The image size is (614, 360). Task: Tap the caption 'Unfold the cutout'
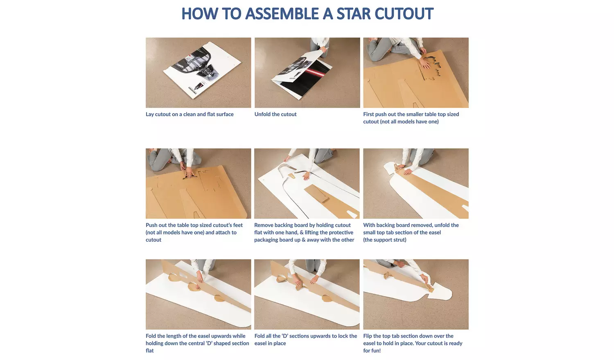[x=275, y=114]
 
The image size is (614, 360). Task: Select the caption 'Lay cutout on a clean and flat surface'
[x=190, y=114]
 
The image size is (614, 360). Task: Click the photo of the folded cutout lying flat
[x=198, y=73]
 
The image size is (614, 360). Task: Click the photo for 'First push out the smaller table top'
[x=415, y=73]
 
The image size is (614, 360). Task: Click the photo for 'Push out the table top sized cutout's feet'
[x=198, y=183]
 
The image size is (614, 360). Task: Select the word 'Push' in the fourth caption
[x=151, y=225]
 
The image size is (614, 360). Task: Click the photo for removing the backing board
[x=307, y=183]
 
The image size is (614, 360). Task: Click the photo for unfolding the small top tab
[x=415, y=183]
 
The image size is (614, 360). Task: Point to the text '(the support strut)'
[x=384, y=240]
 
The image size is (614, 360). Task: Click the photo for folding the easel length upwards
[x=198, y=294]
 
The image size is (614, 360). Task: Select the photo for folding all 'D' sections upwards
[x=307, y=294]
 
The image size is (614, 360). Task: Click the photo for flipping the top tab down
[x=415, y=294]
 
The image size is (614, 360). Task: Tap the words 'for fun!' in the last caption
[x=372, y=351]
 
